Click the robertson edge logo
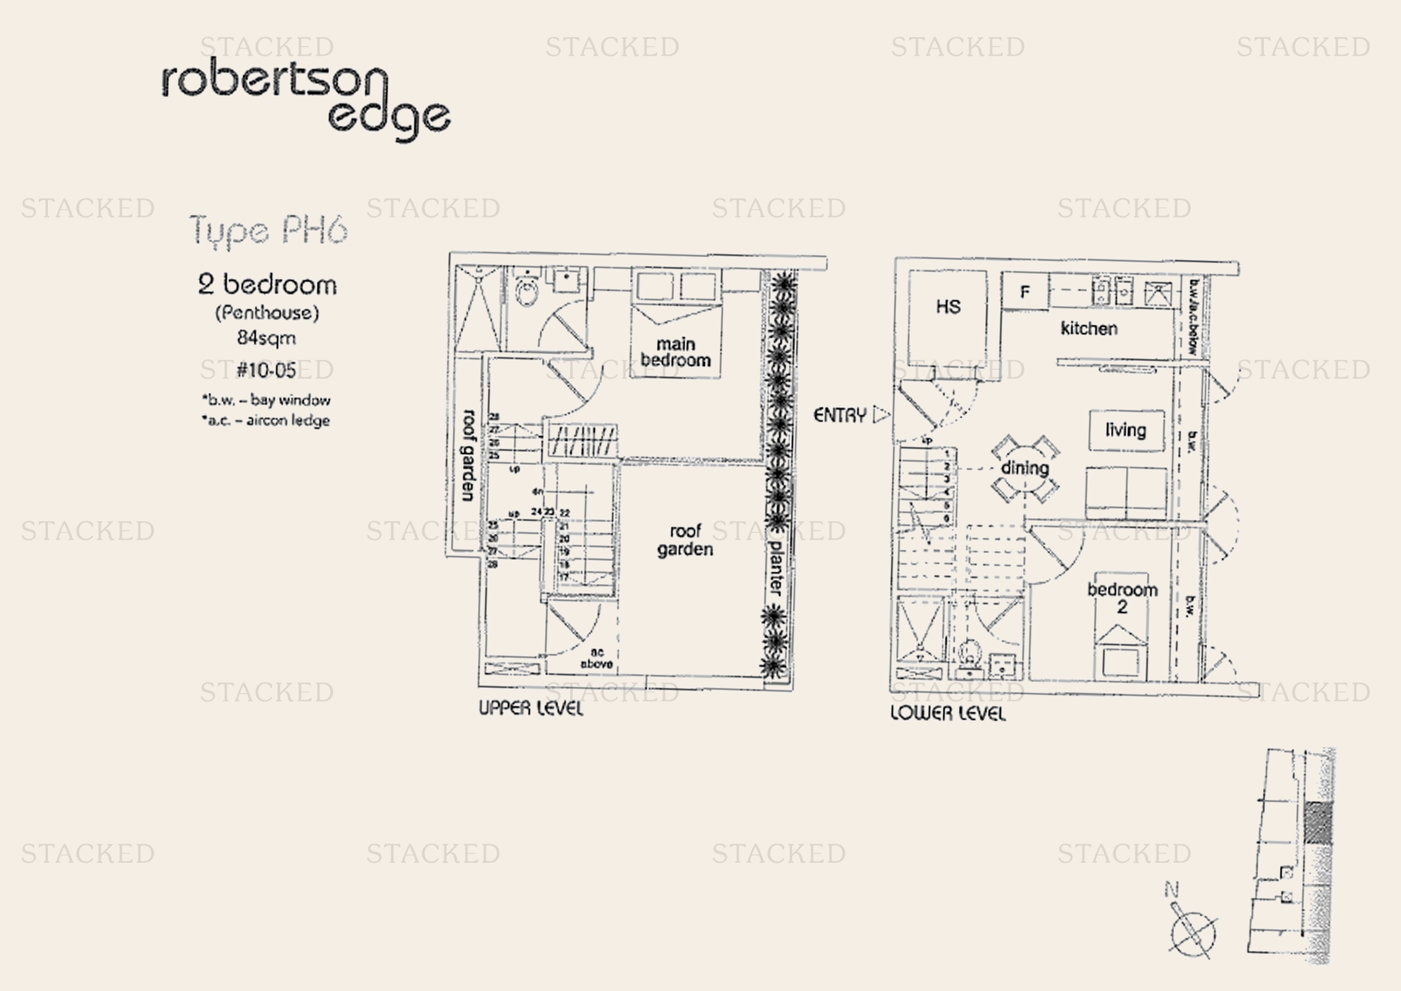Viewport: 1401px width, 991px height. coord(305,98)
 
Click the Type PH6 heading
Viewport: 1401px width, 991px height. coord(268,231)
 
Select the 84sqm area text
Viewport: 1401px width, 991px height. coord(267,337)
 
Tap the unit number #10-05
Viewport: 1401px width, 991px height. coord(267,370)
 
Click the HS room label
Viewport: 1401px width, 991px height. coord(948,306)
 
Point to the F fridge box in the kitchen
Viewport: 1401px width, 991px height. coord(1025,292)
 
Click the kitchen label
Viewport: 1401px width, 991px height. coord(1089,329)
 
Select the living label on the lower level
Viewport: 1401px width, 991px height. coord(1126,430)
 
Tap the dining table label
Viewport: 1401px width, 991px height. coord(1025,468)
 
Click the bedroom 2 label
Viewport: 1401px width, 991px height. coord(1122,598)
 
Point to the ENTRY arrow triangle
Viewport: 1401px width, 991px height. coord(881,415)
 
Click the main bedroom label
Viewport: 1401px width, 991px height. coord(676,352)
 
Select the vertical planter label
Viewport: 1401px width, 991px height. coord(775,567)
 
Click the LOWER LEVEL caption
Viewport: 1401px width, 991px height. coord(948,714)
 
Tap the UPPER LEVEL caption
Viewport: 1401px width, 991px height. coord(531,708)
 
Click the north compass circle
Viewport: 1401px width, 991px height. coord(1193,934)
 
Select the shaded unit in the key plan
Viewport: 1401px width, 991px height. coord(1318,823)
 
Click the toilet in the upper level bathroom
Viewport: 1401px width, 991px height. coord(526,292)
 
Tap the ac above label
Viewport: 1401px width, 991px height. coord(597,658)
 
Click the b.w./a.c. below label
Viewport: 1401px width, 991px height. coord(1194,318)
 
